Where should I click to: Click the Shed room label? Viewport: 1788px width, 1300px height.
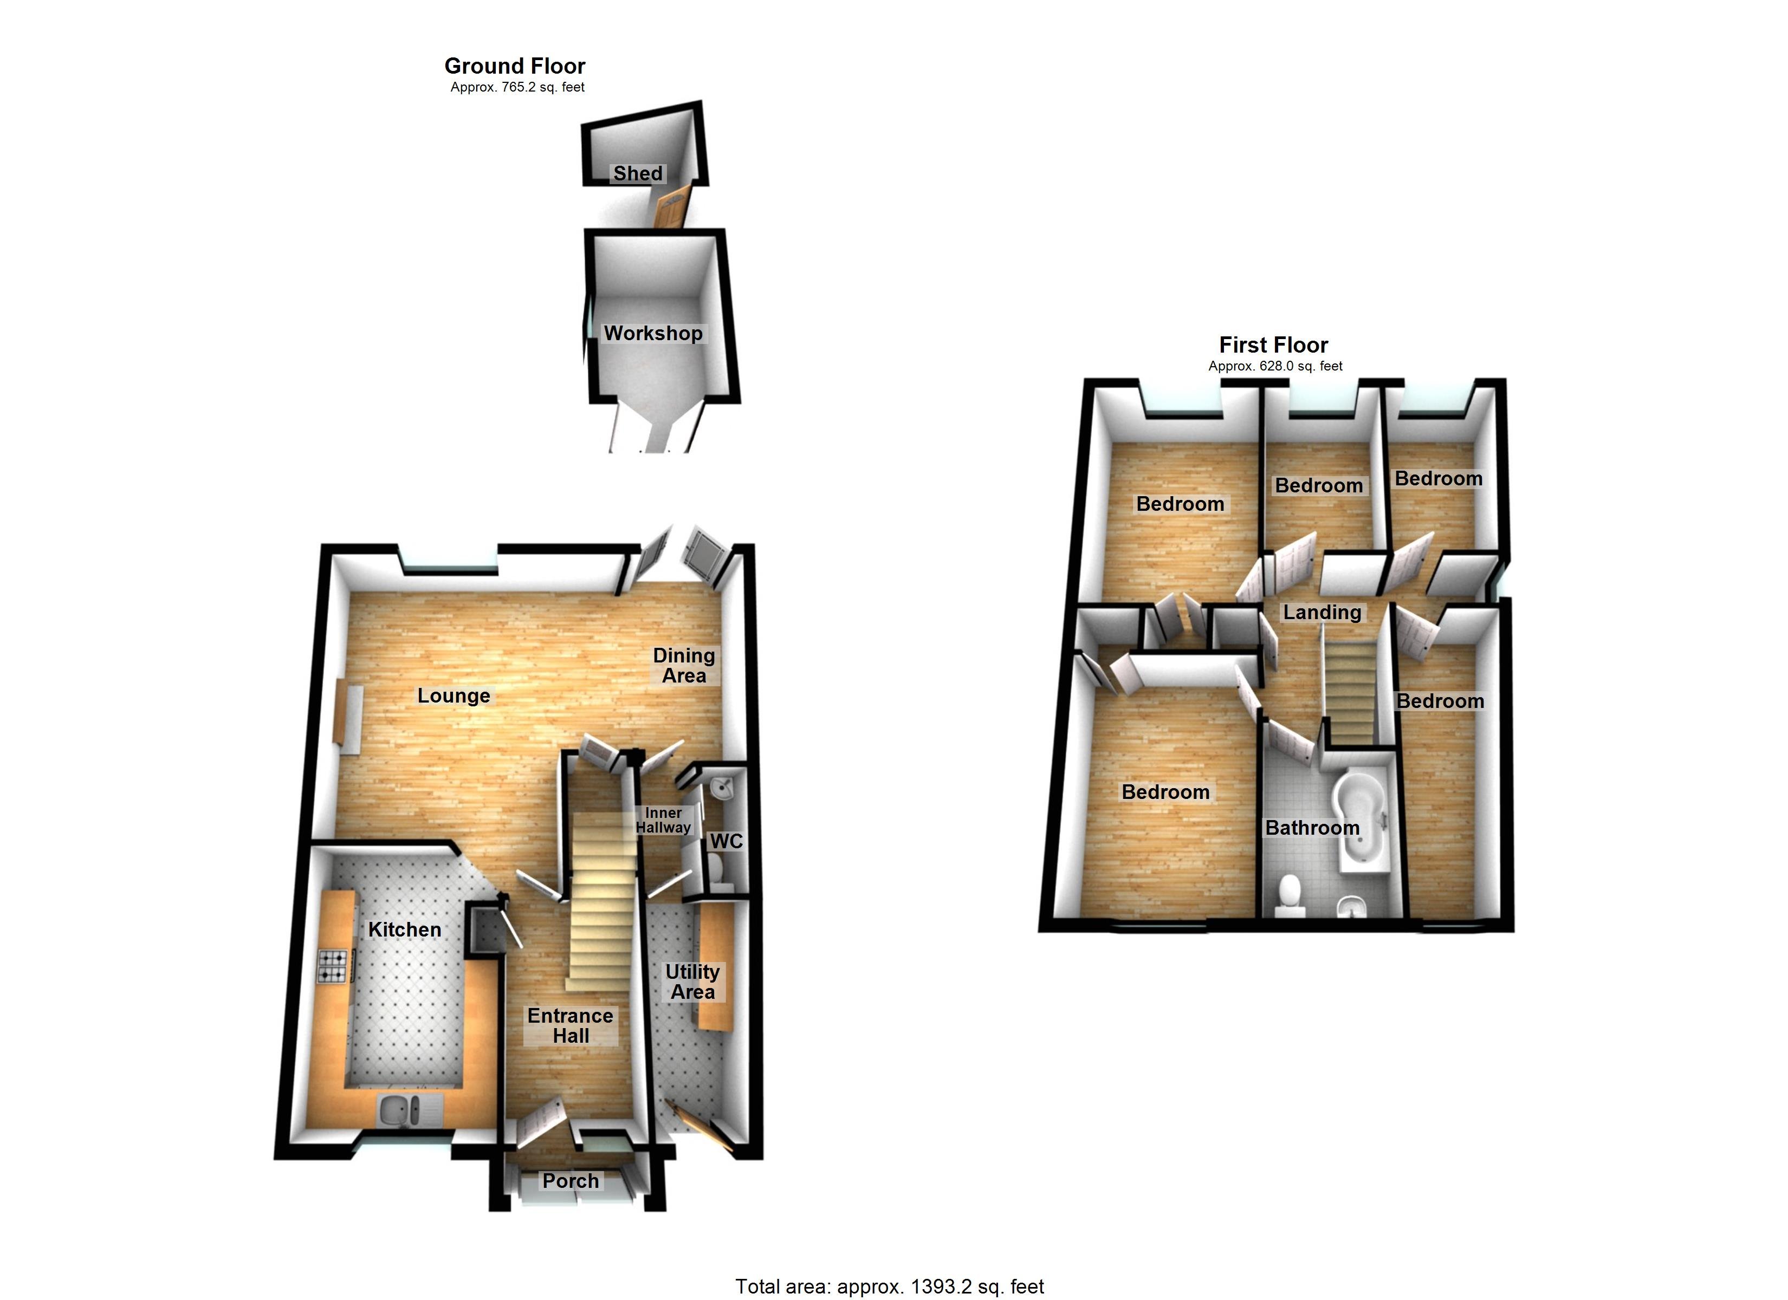click(x=637, y=173)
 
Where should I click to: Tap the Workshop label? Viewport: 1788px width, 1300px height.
click(x=653, y=334)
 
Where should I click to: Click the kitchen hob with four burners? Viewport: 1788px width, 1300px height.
click(x=332, y=966)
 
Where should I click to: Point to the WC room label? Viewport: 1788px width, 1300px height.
click(x=726, y=841)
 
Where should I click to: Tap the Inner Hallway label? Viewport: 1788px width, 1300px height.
click(x=663, y=820)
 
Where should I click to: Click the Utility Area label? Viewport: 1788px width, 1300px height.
click(x=692, y=981)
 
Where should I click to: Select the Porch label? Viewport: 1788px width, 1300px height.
click(x=570, y=1181)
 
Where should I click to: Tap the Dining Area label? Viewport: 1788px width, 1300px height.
click(x=684, y=665)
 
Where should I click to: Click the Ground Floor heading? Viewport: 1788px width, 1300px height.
click(x=515, y=66)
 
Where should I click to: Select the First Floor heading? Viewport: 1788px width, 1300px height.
click(x=1273, y=345)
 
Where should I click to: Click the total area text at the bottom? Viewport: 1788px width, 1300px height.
click(x=889, y=1286)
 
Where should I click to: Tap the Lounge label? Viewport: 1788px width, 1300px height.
click(x=454, y=696)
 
